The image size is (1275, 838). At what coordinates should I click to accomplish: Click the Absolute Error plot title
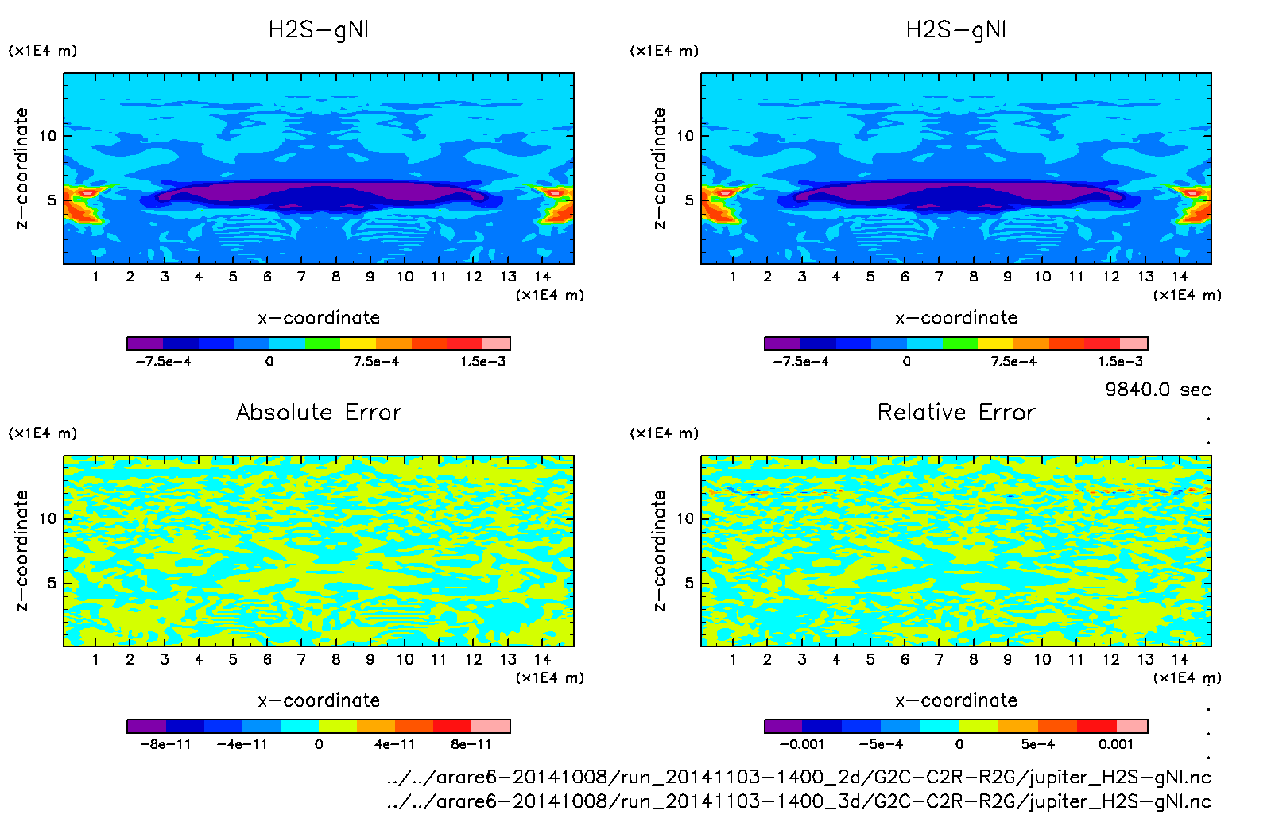(x=319, y=412)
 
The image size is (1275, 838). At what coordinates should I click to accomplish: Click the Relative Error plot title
(x=956, y=412)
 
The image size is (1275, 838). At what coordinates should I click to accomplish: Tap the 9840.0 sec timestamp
(x=1157, y=390)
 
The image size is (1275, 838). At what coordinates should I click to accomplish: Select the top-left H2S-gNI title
(x=319, y=30)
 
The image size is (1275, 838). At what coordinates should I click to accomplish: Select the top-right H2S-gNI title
(x=956, y=30)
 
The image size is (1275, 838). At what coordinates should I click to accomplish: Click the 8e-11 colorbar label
(x=471, y=744)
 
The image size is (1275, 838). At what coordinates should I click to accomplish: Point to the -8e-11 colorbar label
(x=165, y=744)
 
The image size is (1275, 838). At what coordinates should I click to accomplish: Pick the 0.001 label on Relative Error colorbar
(x=1116, y=744)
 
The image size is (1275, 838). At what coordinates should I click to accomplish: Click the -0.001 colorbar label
(x=801, y=744)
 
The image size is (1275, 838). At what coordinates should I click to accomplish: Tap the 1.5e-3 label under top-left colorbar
(x=482, y=361)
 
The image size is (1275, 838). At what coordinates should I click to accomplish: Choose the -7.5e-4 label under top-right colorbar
(x=800, y=361)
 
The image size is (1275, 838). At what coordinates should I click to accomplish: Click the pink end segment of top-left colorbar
(x=496, y=343)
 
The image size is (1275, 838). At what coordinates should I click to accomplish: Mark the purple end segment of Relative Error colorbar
(x=783, y=726)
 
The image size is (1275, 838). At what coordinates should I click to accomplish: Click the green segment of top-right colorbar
(x=959, y=343)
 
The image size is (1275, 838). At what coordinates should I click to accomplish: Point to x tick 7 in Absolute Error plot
(x=301, y=659)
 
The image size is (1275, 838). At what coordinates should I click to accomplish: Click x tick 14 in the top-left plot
(x=542, y=277)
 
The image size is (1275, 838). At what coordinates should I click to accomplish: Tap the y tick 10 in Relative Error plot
(x=684, y=518)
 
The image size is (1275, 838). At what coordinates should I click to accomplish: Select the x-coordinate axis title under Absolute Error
(x=319, y=700)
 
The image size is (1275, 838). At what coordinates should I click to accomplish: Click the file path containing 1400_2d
(x=798, y=777)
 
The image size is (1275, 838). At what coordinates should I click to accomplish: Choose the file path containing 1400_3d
(x=798, y=801)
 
